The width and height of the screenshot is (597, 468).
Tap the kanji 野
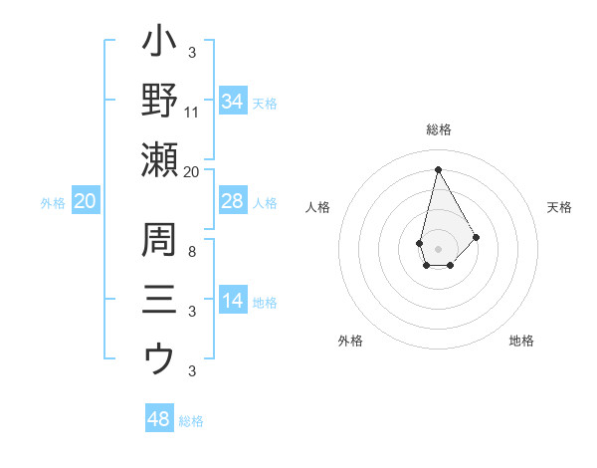[x=159, y=100]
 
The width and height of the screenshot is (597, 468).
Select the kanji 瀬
[x=159, y=159]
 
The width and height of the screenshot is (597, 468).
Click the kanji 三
[x=159, y=300]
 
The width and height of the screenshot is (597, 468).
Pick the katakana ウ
[x=159, y=359]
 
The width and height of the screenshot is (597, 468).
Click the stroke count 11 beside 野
[x=192, y=112]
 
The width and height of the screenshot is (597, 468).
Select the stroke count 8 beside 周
[x=192, y=252]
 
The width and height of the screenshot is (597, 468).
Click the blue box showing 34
[x=232, y=102]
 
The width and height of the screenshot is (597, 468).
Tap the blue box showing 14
[x=232, y=302]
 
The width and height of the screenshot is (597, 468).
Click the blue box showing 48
[x=159, y=419]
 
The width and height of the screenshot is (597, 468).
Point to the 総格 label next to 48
[x=191, y=421]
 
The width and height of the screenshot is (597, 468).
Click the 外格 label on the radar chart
[x=350, y=341]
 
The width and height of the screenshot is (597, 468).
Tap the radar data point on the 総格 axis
[x=438, y=168]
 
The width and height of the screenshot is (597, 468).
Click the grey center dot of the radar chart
[x=438, y=248]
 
